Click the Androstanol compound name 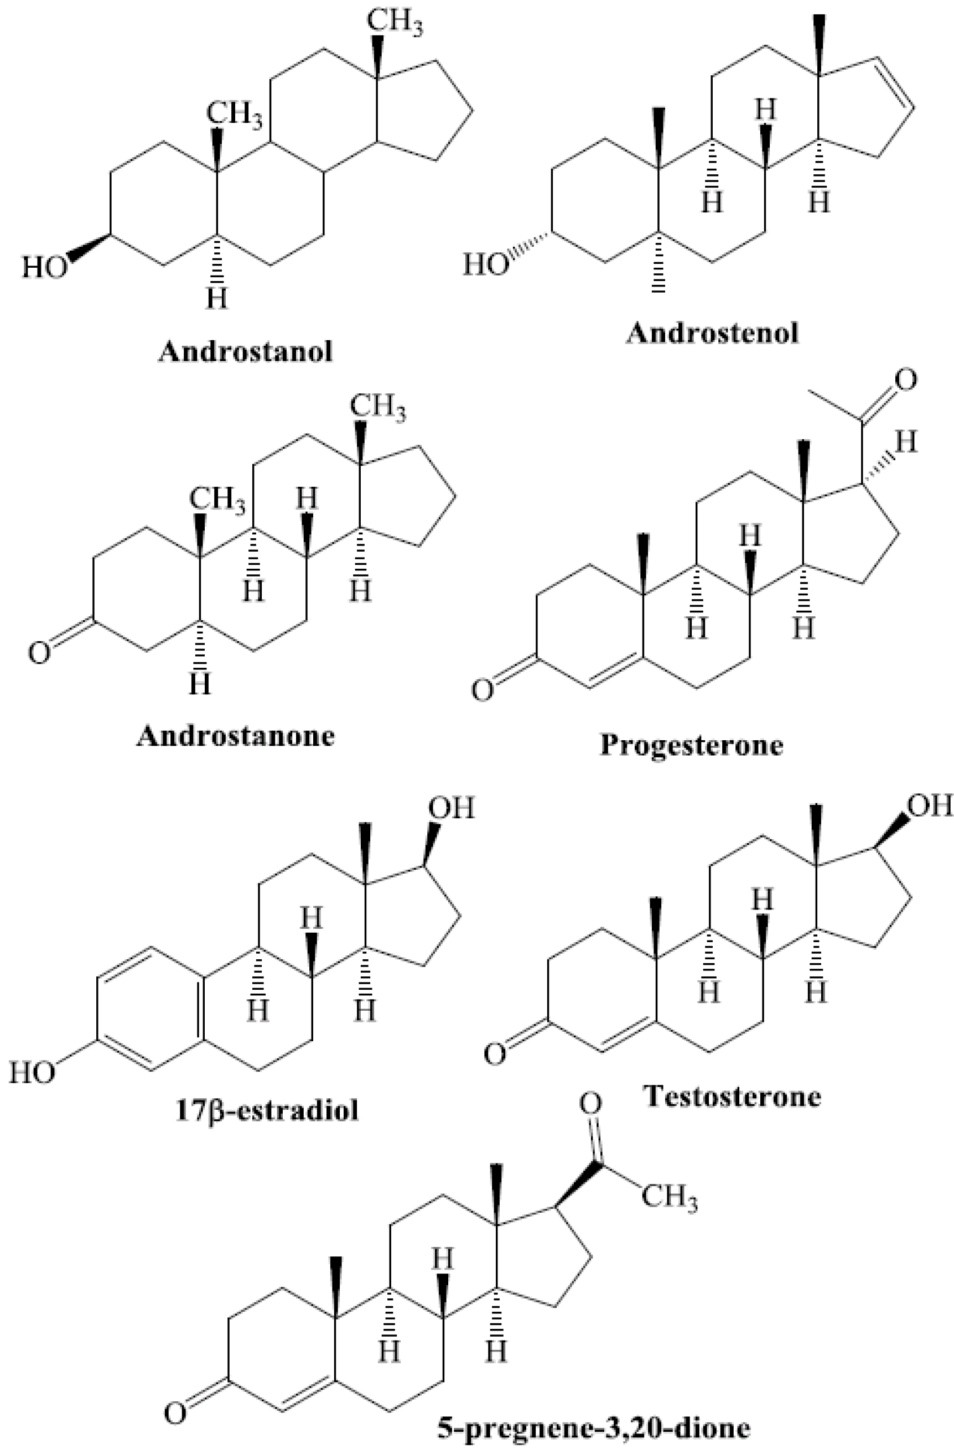[246, 353]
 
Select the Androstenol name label [712, 334]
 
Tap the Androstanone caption [235, 735]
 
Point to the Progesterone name [691, 745]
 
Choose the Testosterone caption [732, 1096]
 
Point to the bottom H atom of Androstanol [216, 298]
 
